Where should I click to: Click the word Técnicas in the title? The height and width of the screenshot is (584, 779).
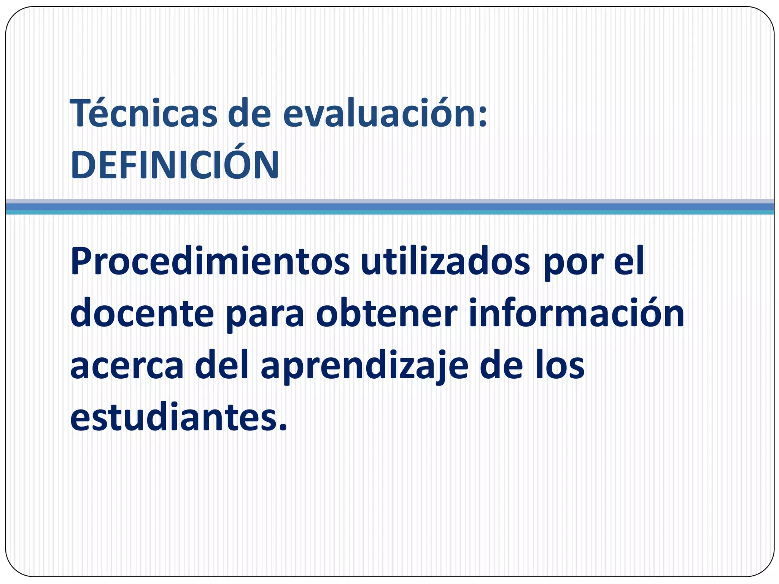click(144, 113)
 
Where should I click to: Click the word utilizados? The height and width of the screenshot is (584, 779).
click(445, 262)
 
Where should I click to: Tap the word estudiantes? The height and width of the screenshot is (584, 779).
click(173, 418)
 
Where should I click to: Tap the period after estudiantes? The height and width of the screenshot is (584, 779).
click(282, 428)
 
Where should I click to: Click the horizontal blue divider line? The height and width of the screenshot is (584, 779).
click(389, 207)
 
